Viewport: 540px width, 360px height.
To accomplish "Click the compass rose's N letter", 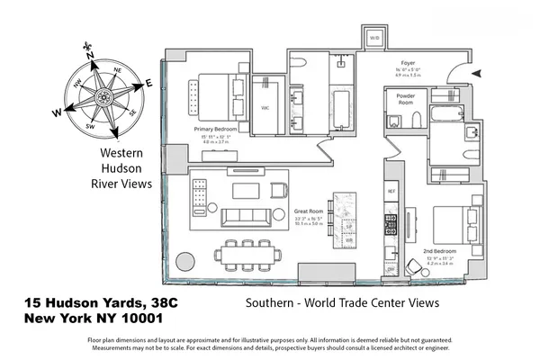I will (x=90, y=55).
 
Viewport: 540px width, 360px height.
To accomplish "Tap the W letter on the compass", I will (x=57, y=113).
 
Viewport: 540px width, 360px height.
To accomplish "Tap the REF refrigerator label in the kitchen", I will (x=391, y=192).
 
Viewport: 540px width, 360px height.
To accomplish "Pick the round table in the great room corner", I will (x=185, y=262).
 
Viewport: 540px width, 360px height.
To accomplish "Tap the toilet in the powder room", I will (x=416, y=120).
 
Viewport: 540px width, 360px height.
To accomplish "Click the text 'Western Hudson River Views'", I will (x=124, y=167).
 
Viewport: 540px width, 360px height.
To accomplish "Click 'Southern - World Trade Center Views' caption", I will (x=342, y=303).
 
